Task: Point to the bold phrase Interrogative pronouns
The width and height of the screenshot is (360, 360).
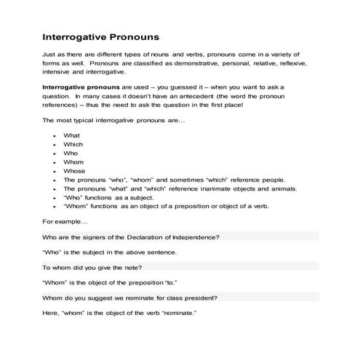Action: pos(84,87)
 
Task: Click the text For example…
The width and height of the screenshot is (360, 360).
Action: pos(65,220)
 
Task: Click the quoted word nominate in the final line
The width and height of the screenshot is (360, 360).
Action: pos(177,313)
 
